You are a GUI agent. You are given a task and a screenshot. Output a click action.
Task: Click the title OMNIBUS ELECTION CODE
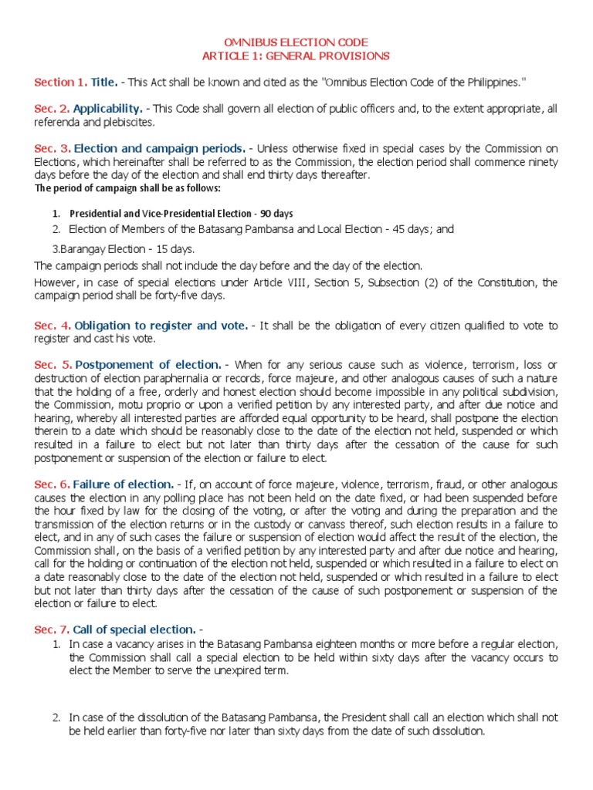[296, 42]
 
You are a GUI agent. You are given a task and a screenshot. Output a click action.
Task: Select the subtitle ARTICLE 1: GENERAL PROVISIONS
[296, 56]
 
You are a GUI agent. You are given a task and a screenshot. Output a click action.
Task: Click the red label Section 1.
[59, 82]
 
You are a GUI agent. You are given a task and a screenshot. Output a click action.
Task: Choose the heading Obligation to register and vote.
[161, 326]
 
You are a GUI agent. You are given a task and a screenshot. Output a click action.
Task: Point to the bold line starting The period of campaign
[127, 188]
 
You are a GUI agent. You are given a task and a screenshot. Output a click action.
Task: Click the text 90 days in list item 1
[276, 213]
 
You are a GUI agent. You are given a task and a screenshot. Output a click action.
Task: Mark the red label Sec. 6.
[53, 484]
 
